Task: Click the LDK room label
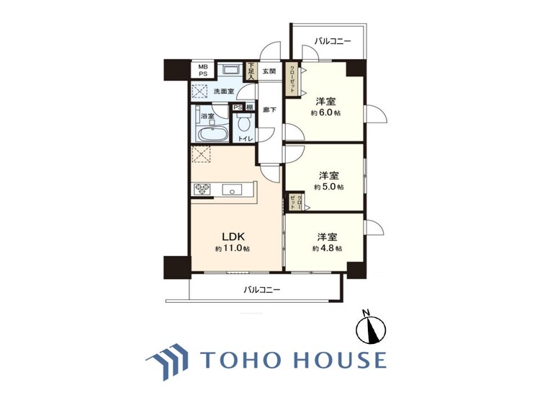coord(233,236)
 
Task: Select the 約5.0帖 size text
coord(329,187)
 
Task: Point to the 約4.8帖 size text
coord(328,248)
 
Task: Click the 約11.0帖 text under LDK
coord(233,249)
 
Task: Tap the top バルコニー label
coord(333,42)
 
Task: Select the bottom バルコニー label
coord(261,290)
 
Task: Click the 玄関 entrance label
coord(269,71)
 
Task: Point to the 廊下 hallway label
coord(268,110)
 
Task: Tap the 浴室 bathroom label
coord(207,115)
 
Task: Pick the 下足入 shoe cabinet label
coord(251,69)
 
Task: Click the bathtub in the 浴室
coord(210,136)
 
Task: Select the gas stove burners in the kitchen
coord(201,190)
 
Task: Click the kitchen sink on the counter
coord(233,190)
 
